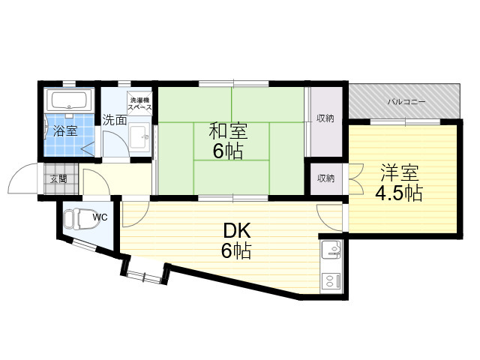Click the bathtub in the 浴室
coord(69,100)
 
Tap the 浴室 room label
coord(65,131)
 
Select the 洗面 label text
coord(115,120)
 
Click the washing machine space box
coord(139,103)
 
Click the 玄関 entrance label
coord(58,178)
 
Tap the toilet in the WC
coord(82,218)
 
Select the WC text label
coord(100,217)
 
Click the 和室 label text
coord(228,130)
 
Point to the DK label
coord(237,231)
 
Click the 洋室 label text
coord(400,173)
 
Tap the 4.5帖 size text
coord(399,193)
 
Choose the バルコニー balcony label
coord(406,102)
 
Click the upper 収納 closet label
coord(325,118)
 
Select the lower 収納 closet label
coord(325,178)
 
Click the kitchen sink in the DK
coord(331,249)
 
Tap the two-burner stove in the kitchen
coord(331,281)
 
